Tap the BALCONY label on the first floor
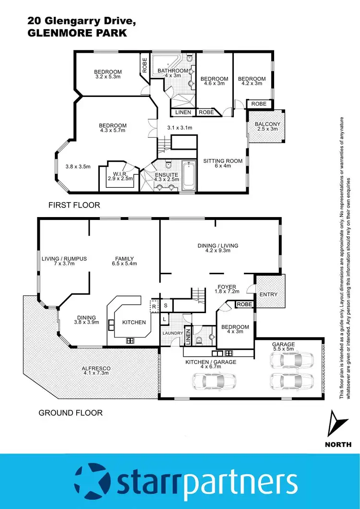click(x=267, y=124)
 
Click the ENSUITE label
click(x=166, y=174)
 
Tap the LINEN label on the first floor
click(x=183, y=112)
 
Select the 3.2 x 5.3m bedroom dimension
click(x=108, y=76)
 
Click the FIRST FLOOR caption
click(x=74, y=205)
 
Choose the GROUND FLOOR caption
click(x=71, y=412)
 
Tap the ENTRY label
click(x=268, y=294)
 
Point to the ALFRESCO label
click(x=96, y=368)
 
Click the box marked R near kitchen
click(x=154, y=305)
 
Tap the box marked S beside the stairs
click(x=166, y=305)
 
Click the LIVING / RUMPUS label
click(x=64, y=259)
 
